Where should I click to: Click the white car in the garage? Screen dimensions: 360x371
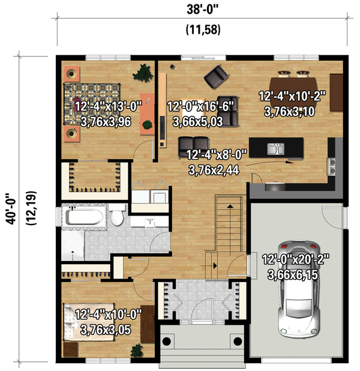[298, 289]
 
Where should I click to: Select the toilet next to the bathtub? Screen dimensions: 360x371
[117, 216]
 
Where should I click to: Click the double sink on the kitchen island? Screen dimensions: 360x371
[276, 149]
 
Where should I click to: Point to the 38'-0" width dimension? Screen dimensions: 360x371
[202, 10]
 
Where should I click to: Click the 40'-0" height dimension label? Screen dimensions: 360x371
[11, 209]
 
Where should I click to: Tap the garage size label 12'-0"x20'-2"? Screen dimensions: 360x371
[296, 260]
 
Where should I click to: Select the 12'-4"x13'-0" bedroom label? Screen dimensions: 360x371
[109, 106]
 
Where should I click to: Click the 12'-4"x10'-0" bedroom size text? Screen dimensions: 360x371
[109, 315]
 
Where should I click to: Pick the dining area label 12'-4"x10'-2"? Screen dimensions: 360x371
[292, 96]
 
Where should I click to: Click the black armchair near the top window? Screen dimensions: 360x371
[217, 76]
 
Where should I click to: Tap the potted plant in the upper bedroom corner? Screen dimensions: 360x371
[143, 73]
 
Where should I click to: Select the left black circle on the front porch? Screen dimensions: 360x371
[167, 341]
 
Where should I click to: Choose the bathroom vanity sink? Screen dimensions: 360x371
[150, 223]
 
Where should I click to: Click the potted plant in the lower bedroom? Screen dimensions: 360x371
[137, 350]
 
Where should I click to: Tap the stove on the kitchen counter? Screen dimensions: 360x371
[331, 166]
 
